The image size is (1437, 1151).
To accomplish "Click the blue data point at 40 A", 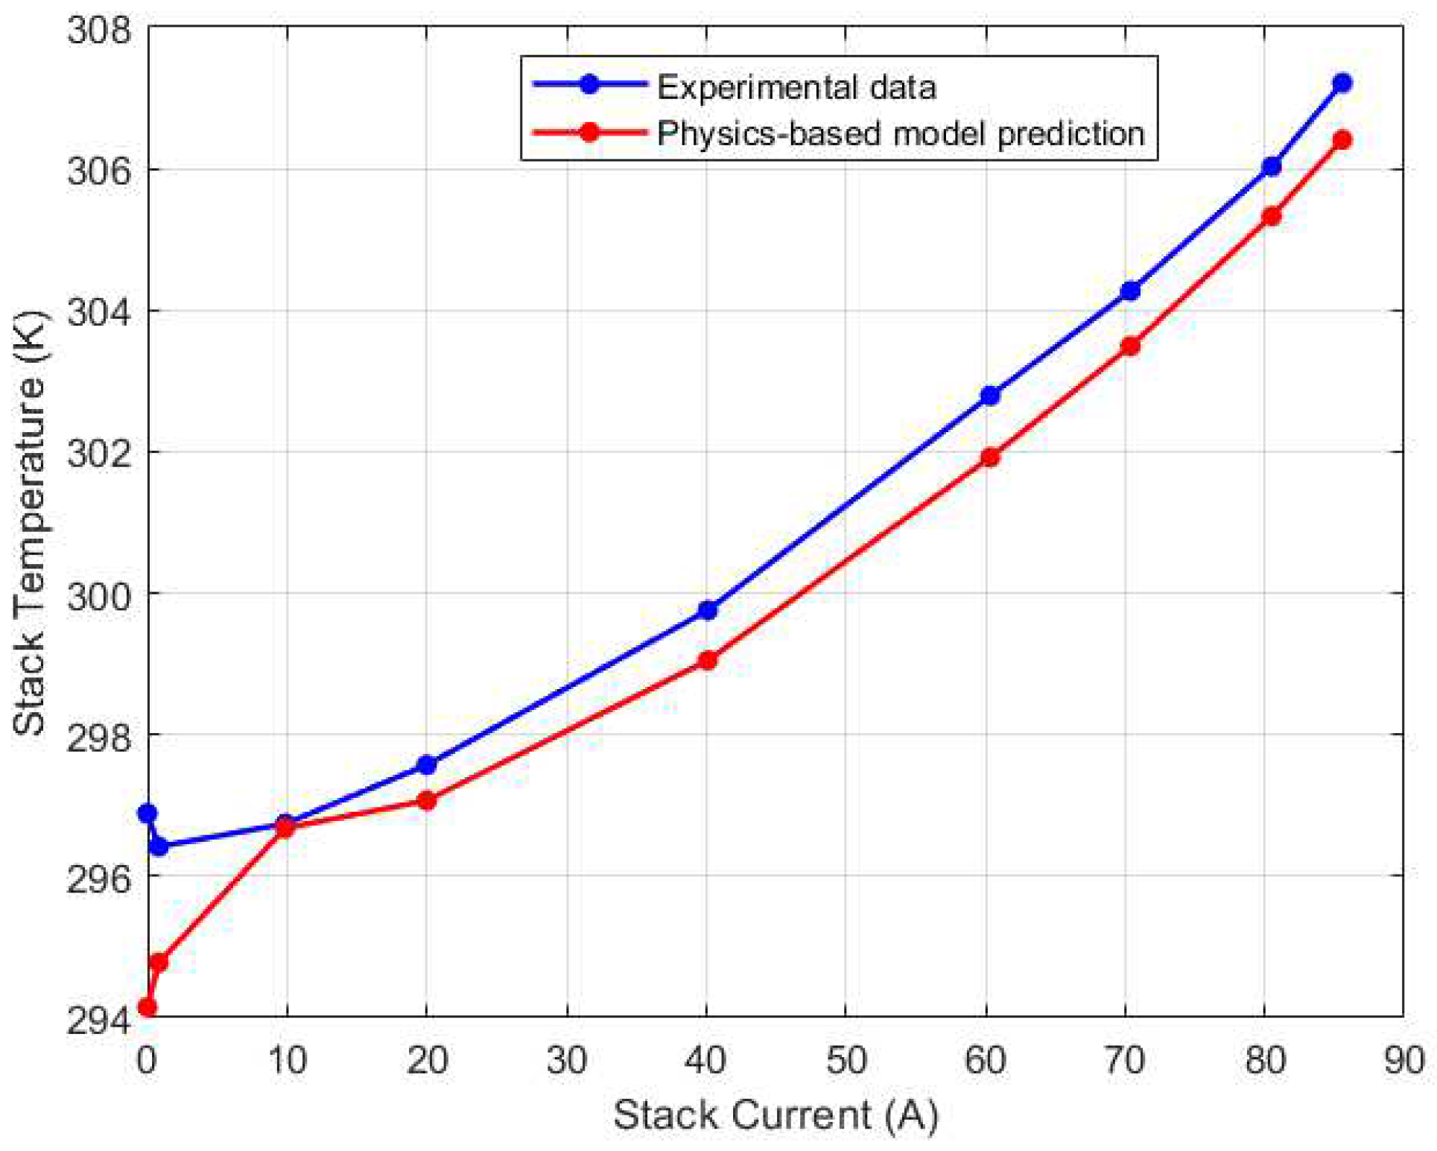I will pos(707,610).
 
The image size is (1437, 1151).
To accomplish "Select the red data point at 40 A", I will pos(707,660).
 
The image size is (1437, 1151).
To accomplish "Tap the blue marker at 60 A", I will pos(989,396).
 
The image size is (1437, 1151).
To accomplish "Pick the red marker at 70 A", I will pos(1130,346).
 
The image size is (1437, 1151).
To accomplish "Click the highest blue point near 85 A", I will pos(1342,83).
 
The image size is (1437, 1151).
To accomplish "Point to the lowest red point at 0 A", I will pos(147,1008).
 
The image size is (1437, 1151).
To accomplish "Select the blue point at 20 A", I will pos(426,764).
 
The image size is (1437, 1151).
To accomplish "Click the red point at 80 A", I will pos(1272,216).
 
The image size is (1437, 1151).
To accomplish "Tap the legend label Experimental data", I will pos(796,88).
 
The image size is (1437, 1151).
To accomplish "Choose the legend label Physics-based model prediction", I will pos(900,134).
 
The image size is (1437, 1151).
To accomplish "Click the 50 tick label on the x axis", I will pos(846,1060).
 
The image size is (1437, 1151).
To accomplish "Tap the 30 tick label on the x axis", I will pos(567,1060).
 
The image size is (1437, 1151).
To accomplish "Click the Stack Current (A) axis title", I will pos(775,1115).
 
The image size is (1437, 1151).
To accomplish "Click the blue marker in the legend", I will pos(589,83).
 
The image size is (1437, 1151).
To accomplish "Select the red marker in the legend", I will pos(589,133).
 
